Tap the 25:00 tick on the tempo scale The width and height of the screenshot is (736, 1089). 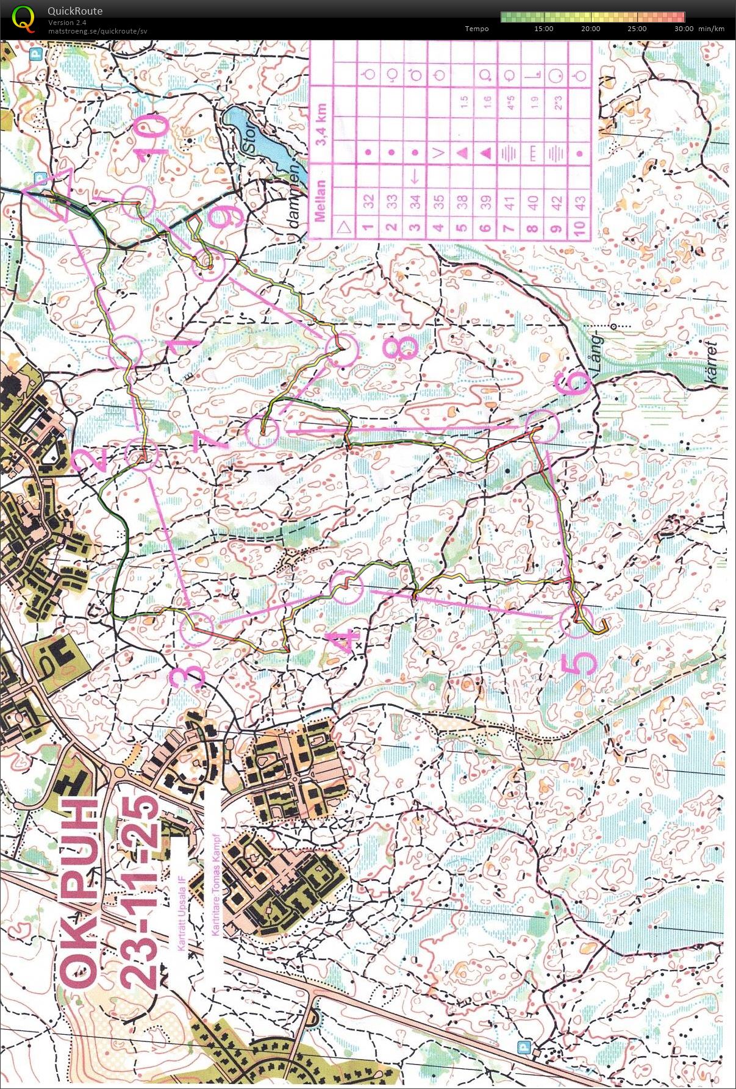tap(637, 29)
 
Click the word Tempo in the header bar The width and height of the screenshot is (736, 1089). tap(476, 29)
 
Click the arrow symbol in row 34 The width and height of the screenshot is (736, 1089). tap(415, 177)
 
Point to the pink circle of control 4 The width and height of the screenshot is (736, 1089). tap(346, 586)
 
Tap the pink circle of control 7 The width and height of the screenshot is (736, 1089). tap(262, 431)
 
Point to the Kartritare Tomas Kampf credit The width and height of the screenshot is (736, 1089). tap(215, 885)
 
